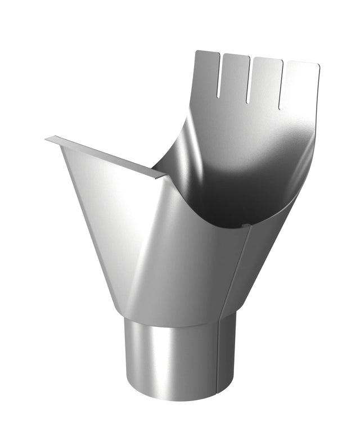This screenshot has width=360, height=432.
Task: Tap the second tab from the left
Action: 236,76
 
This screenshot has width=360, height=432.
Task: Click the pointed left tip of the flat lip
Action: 47,138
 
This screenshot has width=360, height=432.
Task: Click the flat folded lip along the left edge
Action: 107,156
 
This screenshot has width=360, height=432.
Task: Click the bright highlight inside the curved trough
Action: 264,141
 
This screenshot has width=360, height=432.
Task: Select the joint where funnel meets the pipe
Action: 174,319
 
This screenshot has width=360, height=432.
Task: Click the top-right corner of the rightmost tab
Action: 318,66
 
